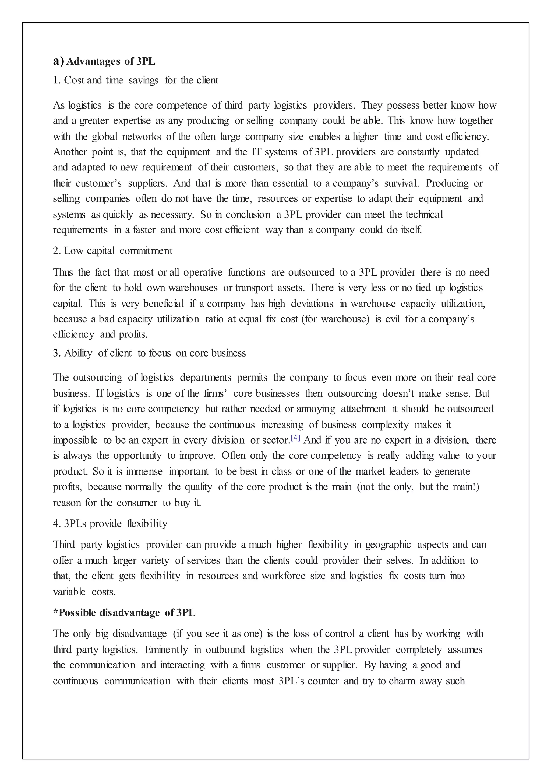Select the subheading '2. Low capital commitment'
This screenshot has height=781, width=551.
pyautogui.click(x=112, y=251)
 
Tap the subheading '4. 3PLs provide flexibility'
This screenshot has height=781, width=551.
pyautogui.click(x=110, y=524)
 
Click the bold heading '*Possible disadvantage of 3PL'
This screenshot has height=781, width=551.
pyautogui.click(x=124, y=613)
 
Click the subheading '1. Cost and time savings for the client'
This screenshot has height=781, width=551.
pyautogui.click(x=136, y=80)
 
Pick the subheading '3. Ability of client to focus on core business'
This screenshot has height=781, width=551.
pyautogui.click(x=149, y=353)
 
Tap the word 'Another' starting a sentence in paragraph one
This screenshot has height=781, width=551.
pyautogui.click(x=69, y=152)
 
